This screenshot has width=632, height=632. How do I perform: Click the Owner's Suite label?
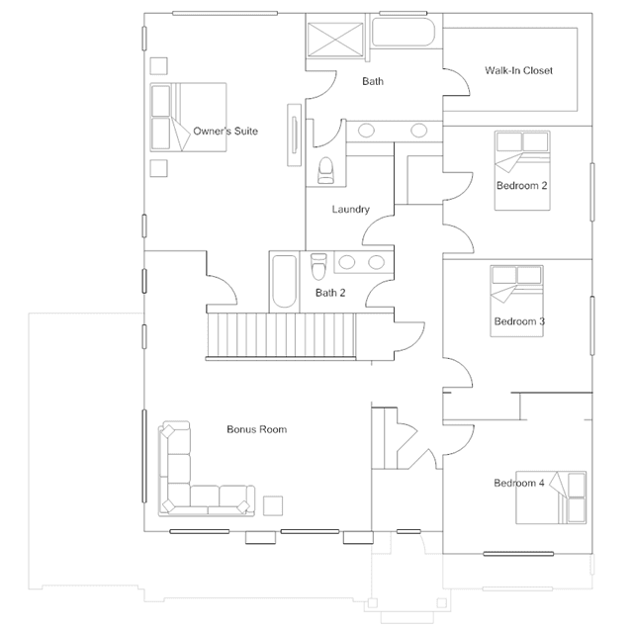(x=226, y=131)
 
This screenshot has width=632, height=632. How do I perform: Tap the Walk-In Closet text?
(x=518, y=70)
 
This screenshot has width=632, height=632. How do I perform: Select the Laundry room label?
(x=351, y=210)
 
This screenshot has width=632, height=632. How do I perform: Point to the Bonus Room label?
(x=257, y=429)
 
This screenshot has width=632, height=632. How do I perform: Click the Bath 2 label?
(x=330, y=293)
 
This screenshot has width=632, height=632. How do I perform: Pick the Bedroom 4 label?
(x=518, y=483)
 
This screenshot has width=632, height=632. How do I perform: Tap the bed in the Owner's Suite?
(x=188, y=118)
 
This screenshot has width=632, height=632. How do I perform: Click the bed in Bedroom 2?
(x=522, y=170)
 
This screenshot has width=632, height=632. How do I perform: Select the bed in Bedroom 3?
(x=516, y=301)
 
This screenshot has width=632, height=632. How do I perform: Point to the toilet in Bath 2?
(x=318, y=266)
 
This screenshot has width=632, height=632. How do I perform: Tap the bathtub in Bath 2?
(x=284, y=281)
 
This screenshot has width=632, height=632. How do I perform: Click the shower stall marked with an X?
(x=335, y=39)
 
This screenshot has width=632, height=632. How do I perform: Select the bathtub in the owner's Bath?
(x=404, y=32)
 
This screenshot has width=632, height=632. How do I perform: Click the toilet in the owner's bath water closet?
(x=325, y=170)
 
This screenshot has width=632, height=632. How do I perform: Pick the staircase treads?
(x=281, y=335)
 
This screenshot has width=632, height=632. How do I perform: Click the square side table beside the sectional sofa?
(x=273, y=505)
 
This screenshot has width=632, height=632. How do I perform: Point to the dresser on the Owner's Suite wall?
(x=294, y=135)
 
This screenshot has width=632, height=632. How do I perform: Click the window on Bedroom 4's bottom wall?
(x=518, y=554)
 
